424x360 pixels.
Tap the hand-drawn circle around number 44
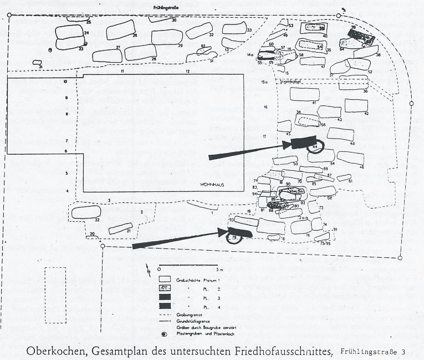315,145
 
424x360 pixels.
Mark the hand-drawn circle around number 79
234,238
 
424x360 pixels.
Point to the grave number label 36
365,91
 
